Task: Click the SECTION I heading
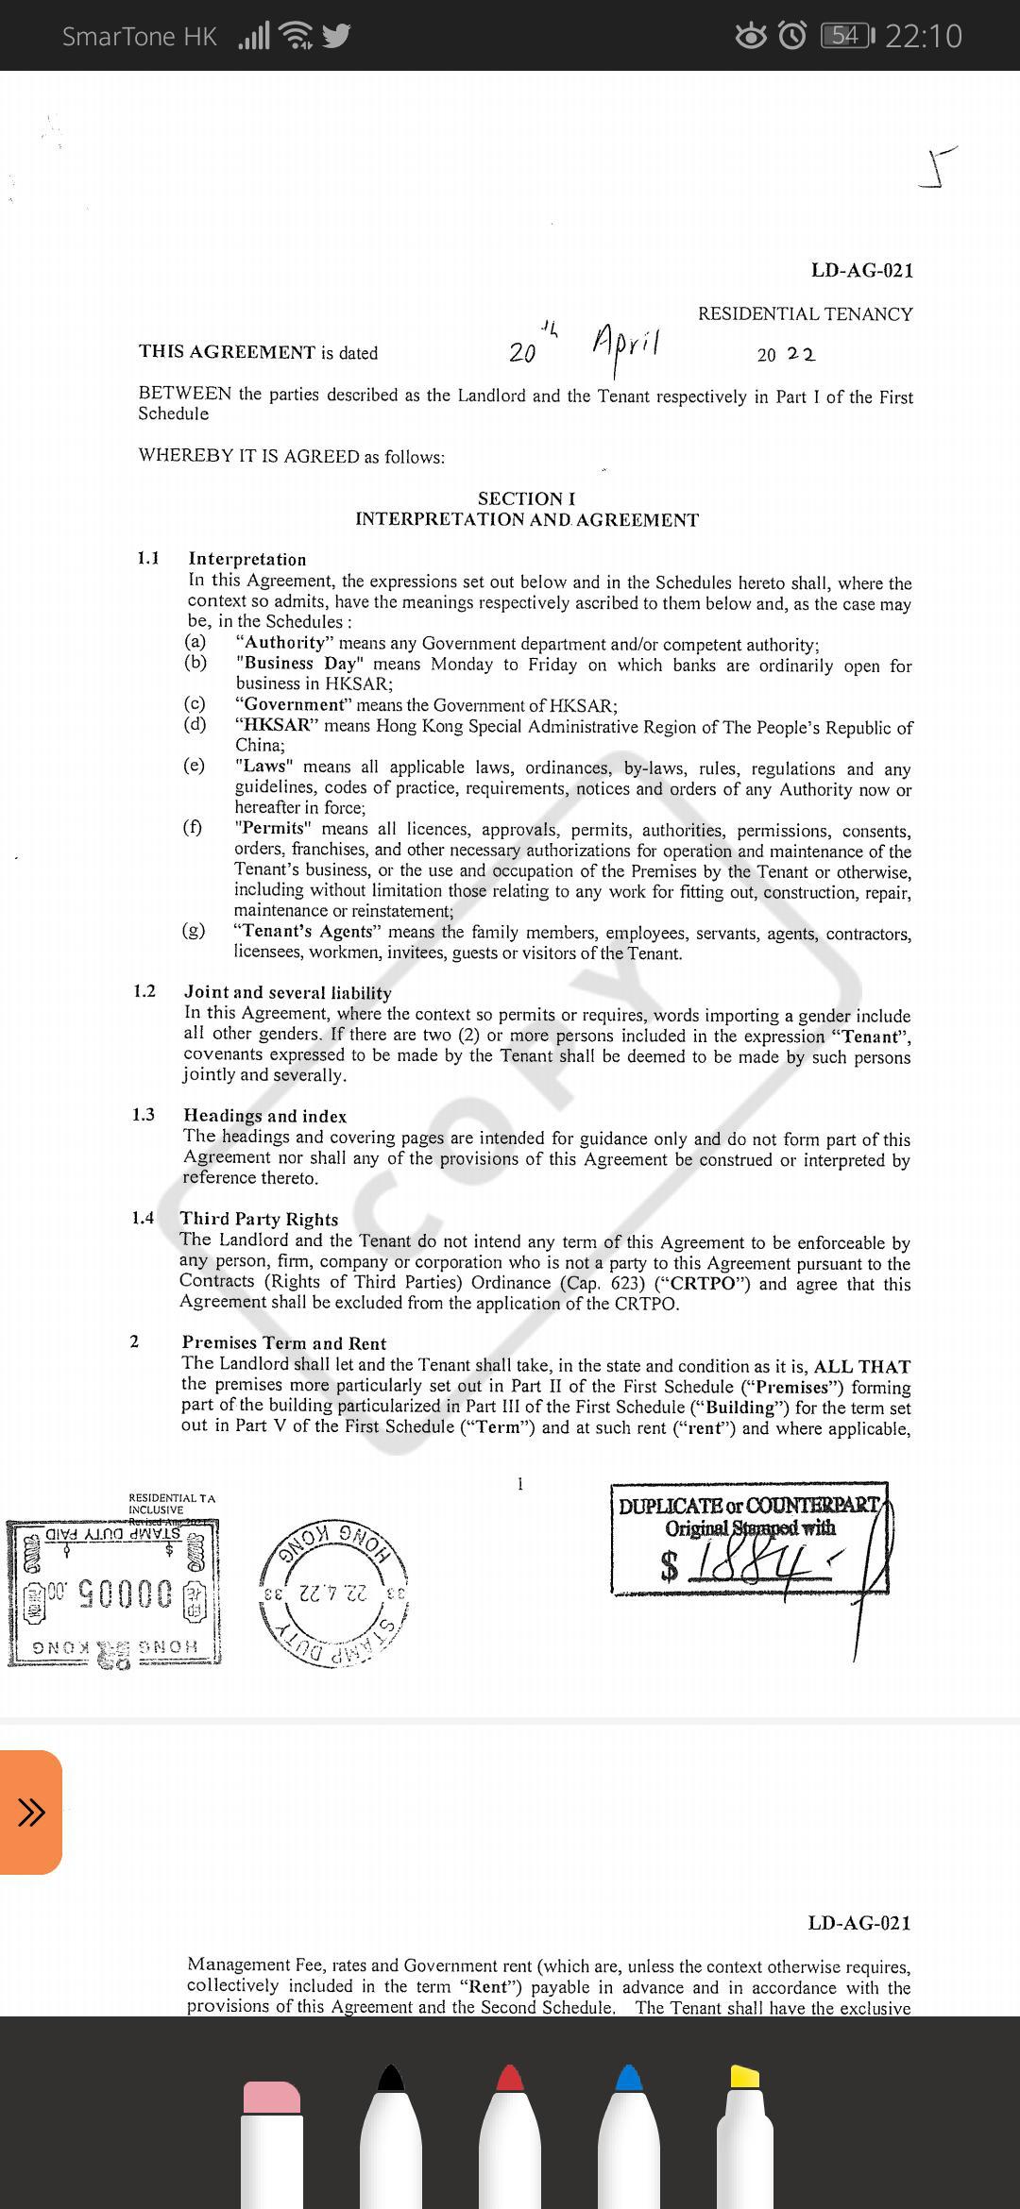(526, 498)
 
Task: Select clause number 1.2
(144, 990)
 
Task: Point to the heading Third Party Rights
(259, 1219)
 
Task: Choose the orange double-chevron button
(31, 1812)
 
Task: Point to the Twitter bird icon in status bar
(336, 36)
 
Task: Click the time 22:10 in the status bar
(924, 36)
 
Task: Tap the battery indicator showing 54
(847, 36)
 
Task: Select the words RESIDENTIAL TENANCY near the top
(805, 314)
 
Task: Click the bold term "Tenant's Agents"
(308, 931)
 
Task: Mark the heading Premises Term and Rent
(284, 1343)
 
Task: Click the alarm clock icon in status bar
(792, 36)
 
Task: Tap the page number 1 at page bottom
(519, 1484)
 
